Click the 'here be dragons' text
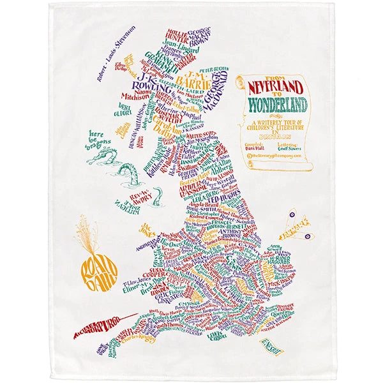pyautogui.click(x=98, y=142)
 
